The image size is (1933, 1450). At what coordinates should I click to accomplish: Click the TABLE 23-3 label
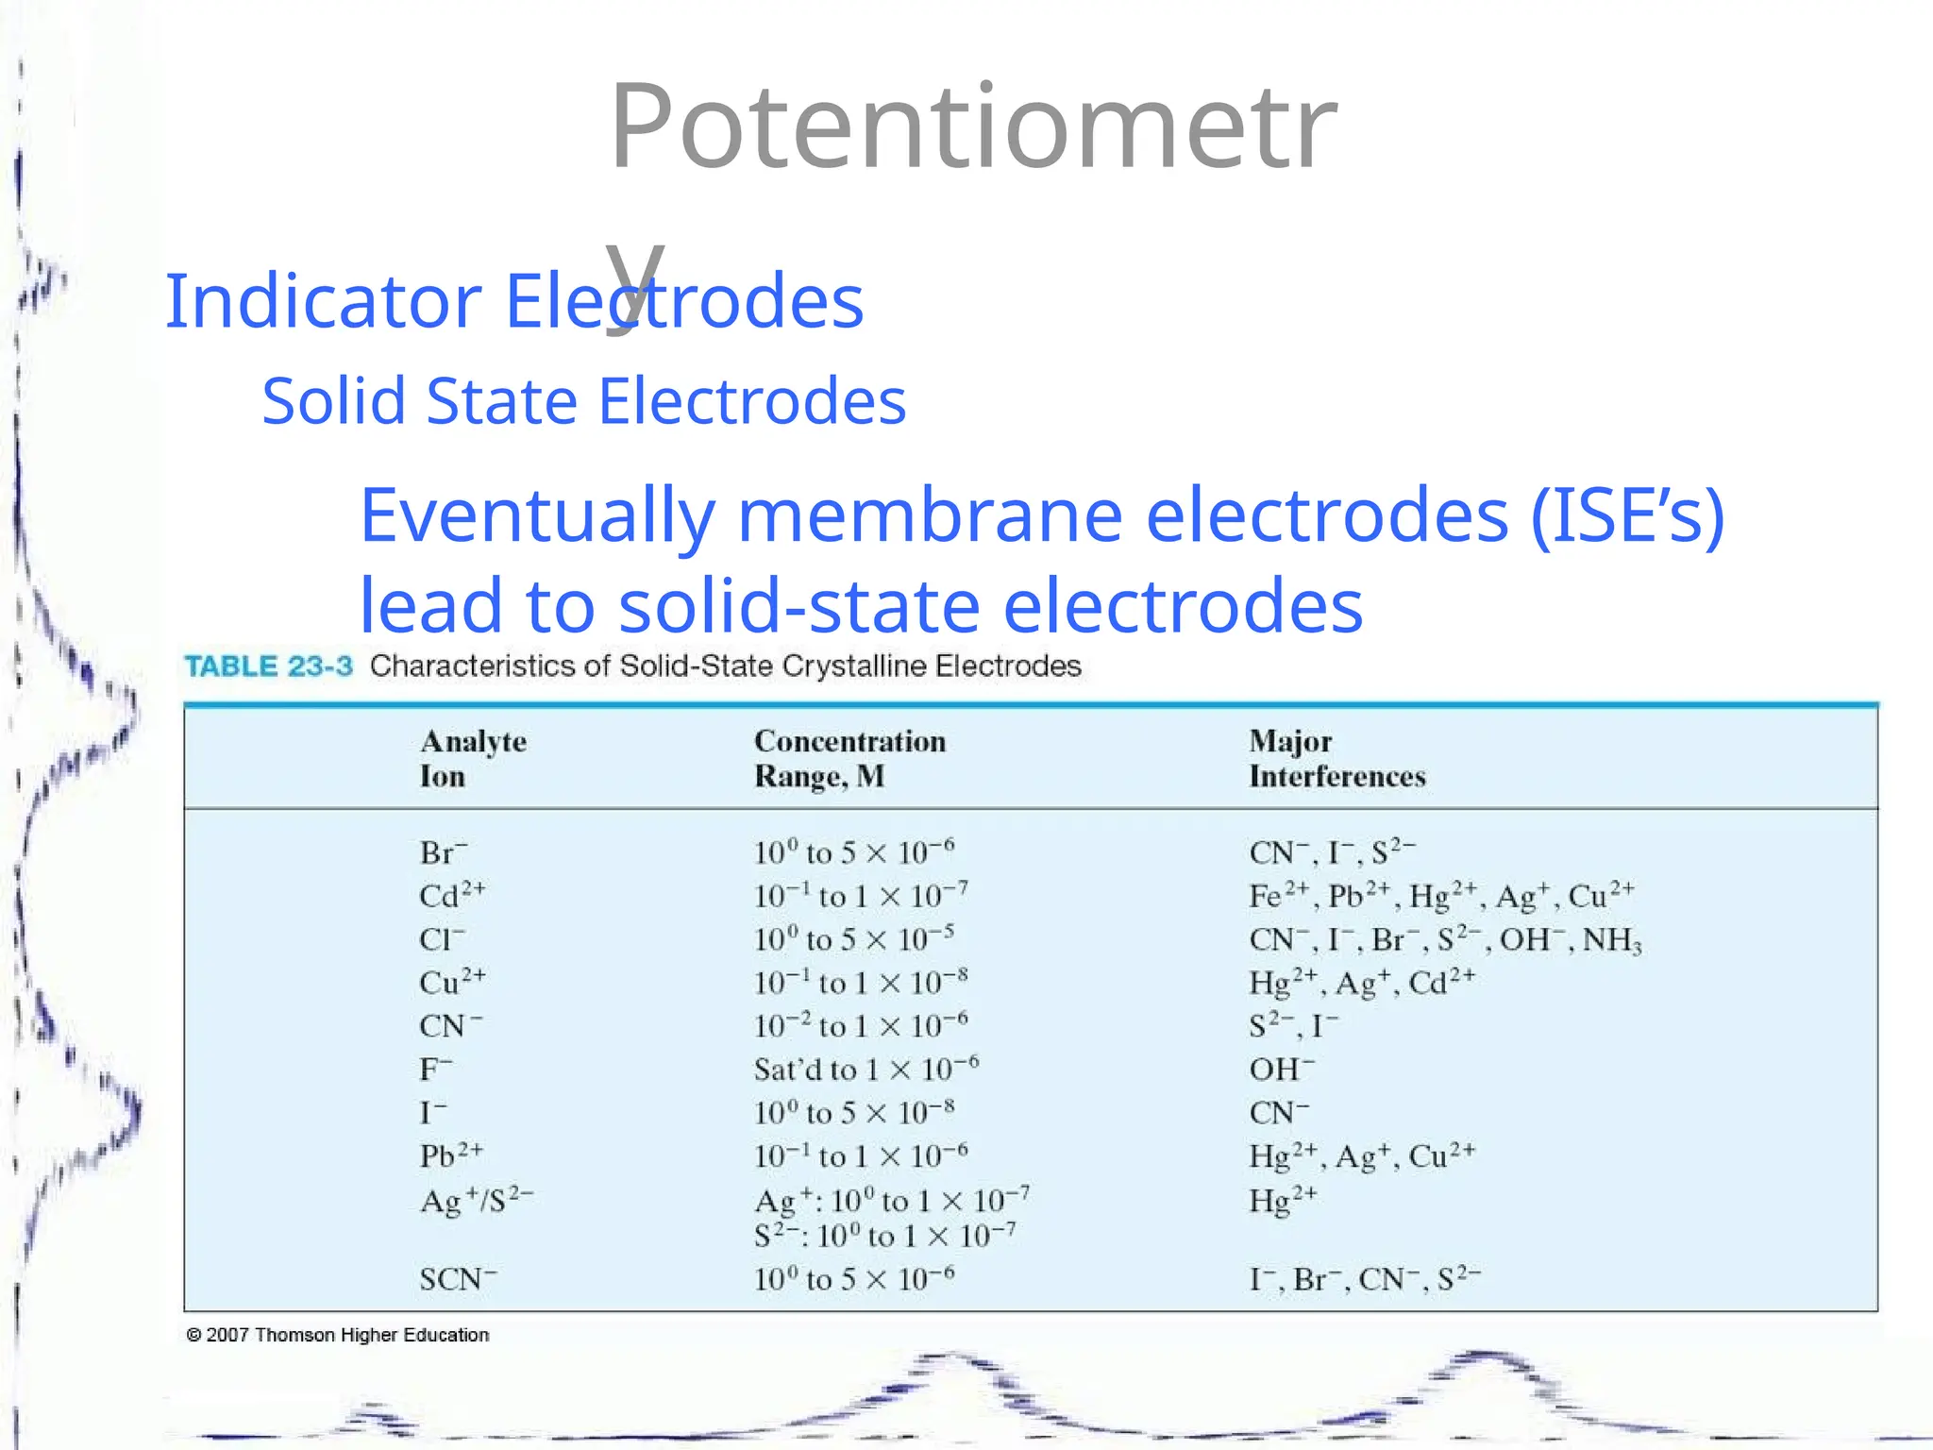pos(268,666)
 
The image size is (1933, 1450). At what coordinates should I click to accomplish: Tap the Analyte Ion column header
pos(473,758)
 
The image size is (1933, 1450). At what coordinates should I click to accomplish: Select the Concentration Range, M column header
pos(849,758)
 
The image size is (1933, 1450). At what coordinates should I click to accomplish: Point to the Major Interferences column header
pos(1336,758)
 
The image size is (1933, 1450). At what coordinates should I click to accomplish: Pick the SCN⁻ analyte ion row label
pos(458,1279)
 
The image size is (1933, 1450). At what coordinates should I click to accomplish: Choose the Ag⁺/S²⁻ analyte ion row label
pos(476,1201)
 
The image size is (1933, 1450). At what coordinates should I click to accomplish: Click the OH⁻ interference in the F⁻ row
pos(1281,1070)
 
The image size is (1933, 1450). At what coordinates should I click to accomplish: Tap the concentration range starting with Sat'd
pos(866,1070)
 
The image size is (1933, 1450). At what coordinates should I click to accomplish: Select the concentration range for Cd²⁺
pos(860,896)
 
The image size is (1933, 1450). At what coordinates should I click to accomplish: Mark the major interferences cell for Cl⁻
pos(1445,940)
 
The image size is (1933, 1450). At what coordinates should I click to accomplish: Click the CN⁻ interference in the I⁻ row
pos(1279,1113)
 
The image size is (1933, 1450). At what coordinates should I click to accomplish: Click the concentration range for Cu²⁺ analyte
pos(860,983)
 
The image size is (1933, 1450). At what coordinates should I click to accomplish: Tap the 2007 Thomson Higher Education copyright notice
pos(338,1335)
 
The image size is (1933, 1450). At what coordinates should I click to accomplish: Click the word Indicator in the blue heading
pos(323,301)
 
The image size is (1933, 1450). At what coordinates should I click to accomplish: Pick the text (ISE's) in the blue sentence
pos(1626,515)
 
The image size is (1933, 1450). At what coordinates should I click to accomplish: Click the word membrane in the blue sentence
pos(930,515)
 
